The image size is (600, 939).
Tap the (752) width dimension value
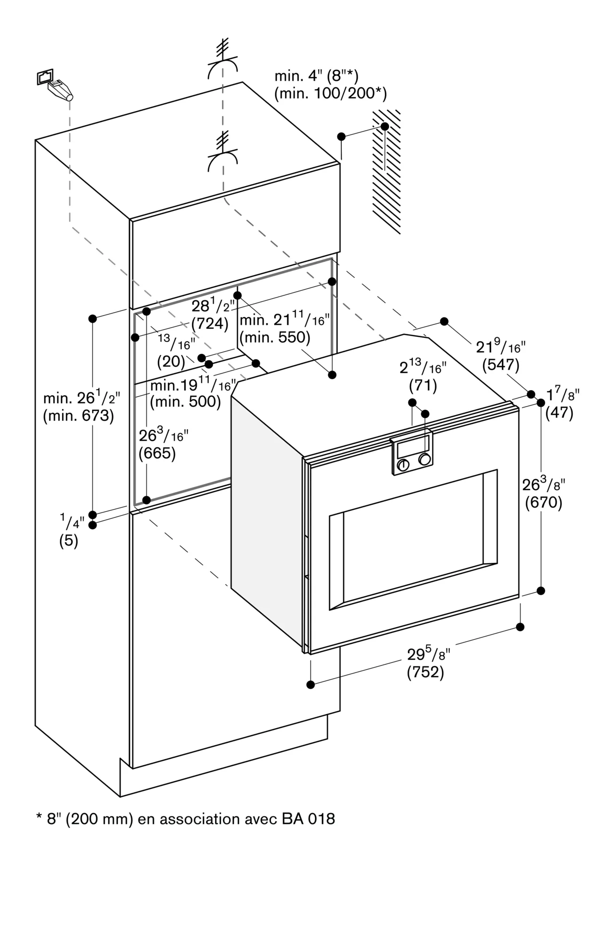tap(425, 672)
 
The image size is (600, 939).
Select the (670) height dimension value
tap(543, 503)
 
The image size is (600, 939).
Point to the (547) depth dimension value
tap(500, 365)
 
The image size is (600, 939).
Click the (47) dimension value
tap(559, 413)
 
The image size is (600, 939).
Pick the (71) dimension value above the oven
tap(423, 386)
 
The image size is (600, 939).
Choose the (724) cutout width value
tap(209, 324)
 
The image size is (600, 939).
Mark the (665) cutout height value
tap(157, 454)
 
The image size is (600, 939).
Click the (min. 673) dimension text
tap(78, 416)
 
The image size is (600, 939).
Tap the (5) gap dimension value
tap(69, 541)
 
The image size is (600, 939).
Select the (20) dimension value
tap(171, 362)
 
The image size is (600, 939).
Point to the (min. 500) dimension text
tap(185, 401)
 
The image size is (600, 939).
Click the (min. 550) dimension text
tap(275, 337)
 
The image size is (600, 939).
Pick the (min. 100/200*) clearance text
tap(331, 94)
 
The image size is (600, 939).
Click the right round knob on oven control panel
tap(424, 459)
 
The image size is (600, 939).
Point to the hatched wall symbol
tap(387, 171)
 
